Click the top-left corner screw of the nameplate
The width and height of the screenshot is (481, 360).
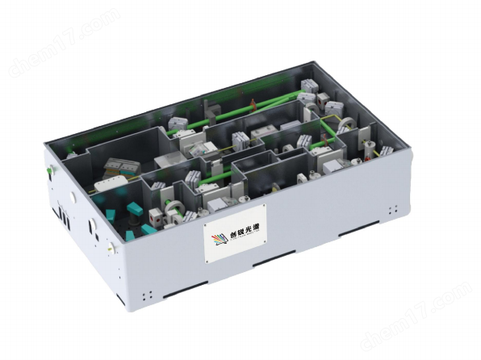[207, 225]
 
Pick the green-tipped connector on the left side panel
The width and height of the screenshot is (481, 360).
[51, 170]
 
